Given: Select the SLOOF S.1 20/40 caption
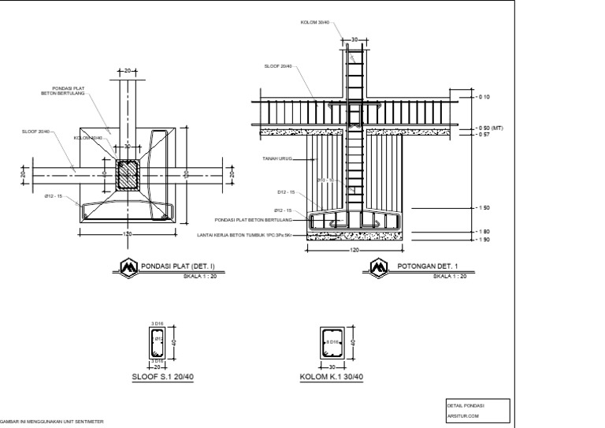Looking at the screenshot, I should click(x=162, y=377).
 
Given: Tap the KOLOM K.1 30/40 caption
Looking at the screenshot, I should click(x=332, y=377).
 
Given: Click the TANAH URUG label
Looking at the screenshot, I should click(x=277, y=158).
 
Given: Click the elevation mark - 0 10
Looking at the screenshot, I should click(x=483, y=97).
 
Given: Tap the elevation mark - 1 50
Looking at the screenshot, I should click(x=483, y=207).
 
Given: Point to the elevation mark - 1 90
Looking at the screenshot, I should click(x=483, y=239).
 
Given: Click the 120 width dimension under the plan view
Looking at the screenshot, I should click(x=126, y=234).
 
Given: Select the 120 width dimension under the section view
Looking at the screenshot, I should click(x=354, y=250).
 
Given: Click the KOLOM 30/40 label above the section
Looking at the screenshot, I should click(x=314, y=22).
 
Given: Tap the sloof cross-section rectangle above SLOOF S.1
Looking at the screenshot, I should click(x=158, y=341).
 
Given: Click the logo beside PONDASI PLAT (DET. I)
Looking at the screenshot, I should click(x=128, y=269).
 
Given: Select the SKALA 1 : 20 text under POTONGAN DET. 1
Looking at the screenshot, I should click(x=450, y=276).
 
